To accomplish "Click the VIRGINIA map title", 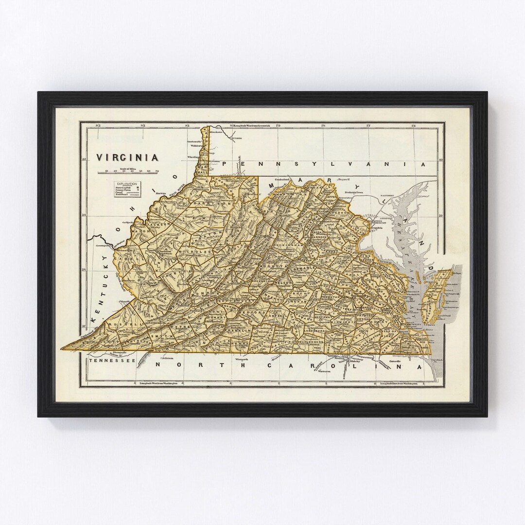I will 127,157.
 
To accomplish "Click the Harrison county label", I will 194,203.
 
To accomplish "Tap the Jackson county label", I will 163,225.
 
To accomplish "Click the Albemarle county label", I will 298,268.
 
